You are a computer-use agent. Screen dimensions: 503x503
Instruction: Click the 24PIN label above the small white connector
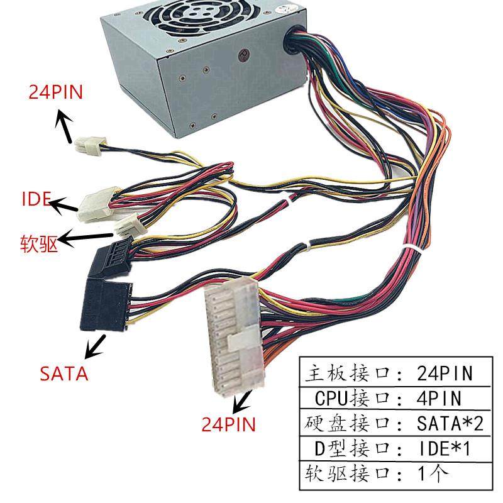[55, 92]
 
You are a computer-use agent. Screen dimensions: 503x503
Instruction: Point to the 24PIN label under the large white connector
[228, 424]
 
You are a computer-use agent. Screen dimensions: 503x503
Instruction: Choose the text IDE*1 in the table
[444, 448]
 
